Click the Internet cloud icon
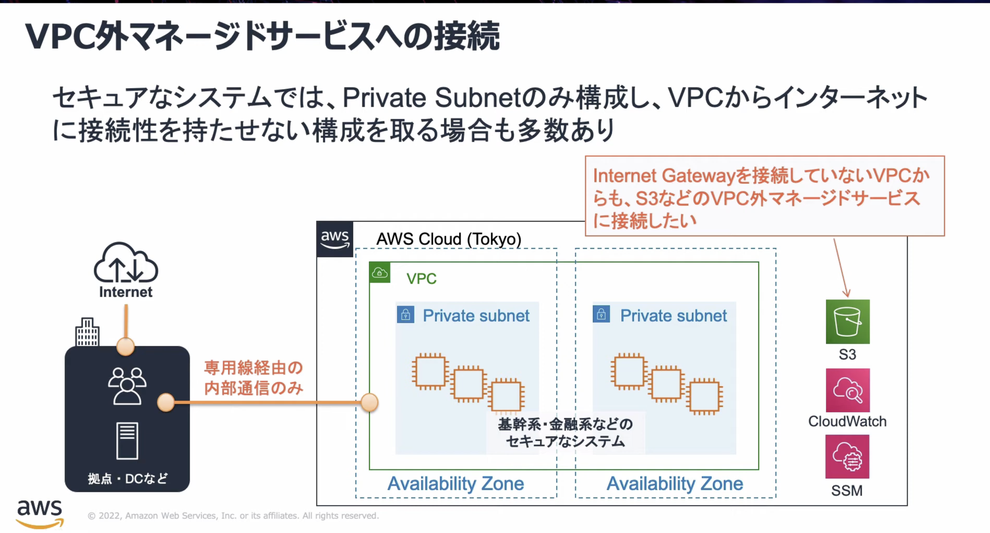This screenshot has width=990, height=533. point(126,263)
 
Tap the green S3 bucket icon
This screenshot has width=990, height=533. point(847,322)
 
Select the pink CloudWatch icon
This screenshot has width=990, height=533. point(847,390)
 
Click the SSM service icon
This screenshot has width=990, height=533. point(847,456)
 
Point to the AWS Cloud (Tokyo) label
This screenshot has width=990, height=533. point(448,239)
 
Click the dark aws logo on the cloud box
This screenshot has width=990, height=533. point(335,239)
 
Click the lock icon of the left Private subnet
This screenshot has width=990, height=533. point(406,315)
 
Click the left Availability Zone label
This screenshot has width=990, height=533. point(455,484)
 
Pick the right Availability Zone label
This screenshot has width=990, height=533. point(674,484)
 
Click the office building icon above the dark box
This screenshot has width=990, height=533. point(87,332)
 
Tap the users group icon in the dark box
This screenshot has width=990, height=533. point(127,386)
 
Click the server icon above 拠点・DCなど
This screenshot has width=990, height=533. point(127,441)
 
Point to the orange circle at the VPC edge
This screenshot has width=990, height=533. point(369,402)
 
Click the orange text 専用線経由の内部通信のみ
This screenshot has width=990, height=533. point(253,378)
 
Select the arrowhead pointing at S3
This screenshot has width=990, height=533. point(846,293)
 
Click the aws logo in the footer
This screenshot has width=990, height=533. point(40,513)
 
